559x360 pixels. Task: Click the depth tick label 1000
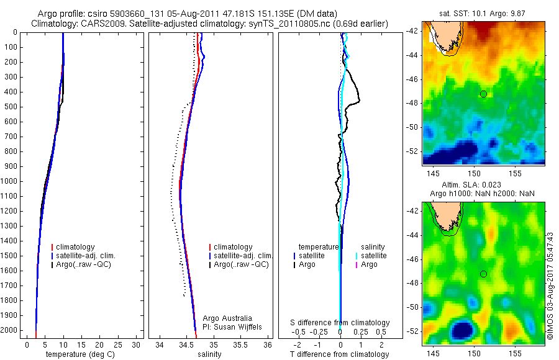coord(9,181)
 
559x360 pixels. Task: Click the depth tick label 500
coord(11,107)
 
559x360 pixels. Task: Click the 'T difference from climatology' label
coord(340,354)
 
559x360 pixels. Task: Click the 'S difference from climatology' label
coord(340,323)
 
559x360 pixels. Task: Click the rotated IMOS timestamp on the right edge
coord(549,292)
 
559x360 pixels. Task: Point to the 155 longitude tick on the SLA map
coord(516,353)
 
